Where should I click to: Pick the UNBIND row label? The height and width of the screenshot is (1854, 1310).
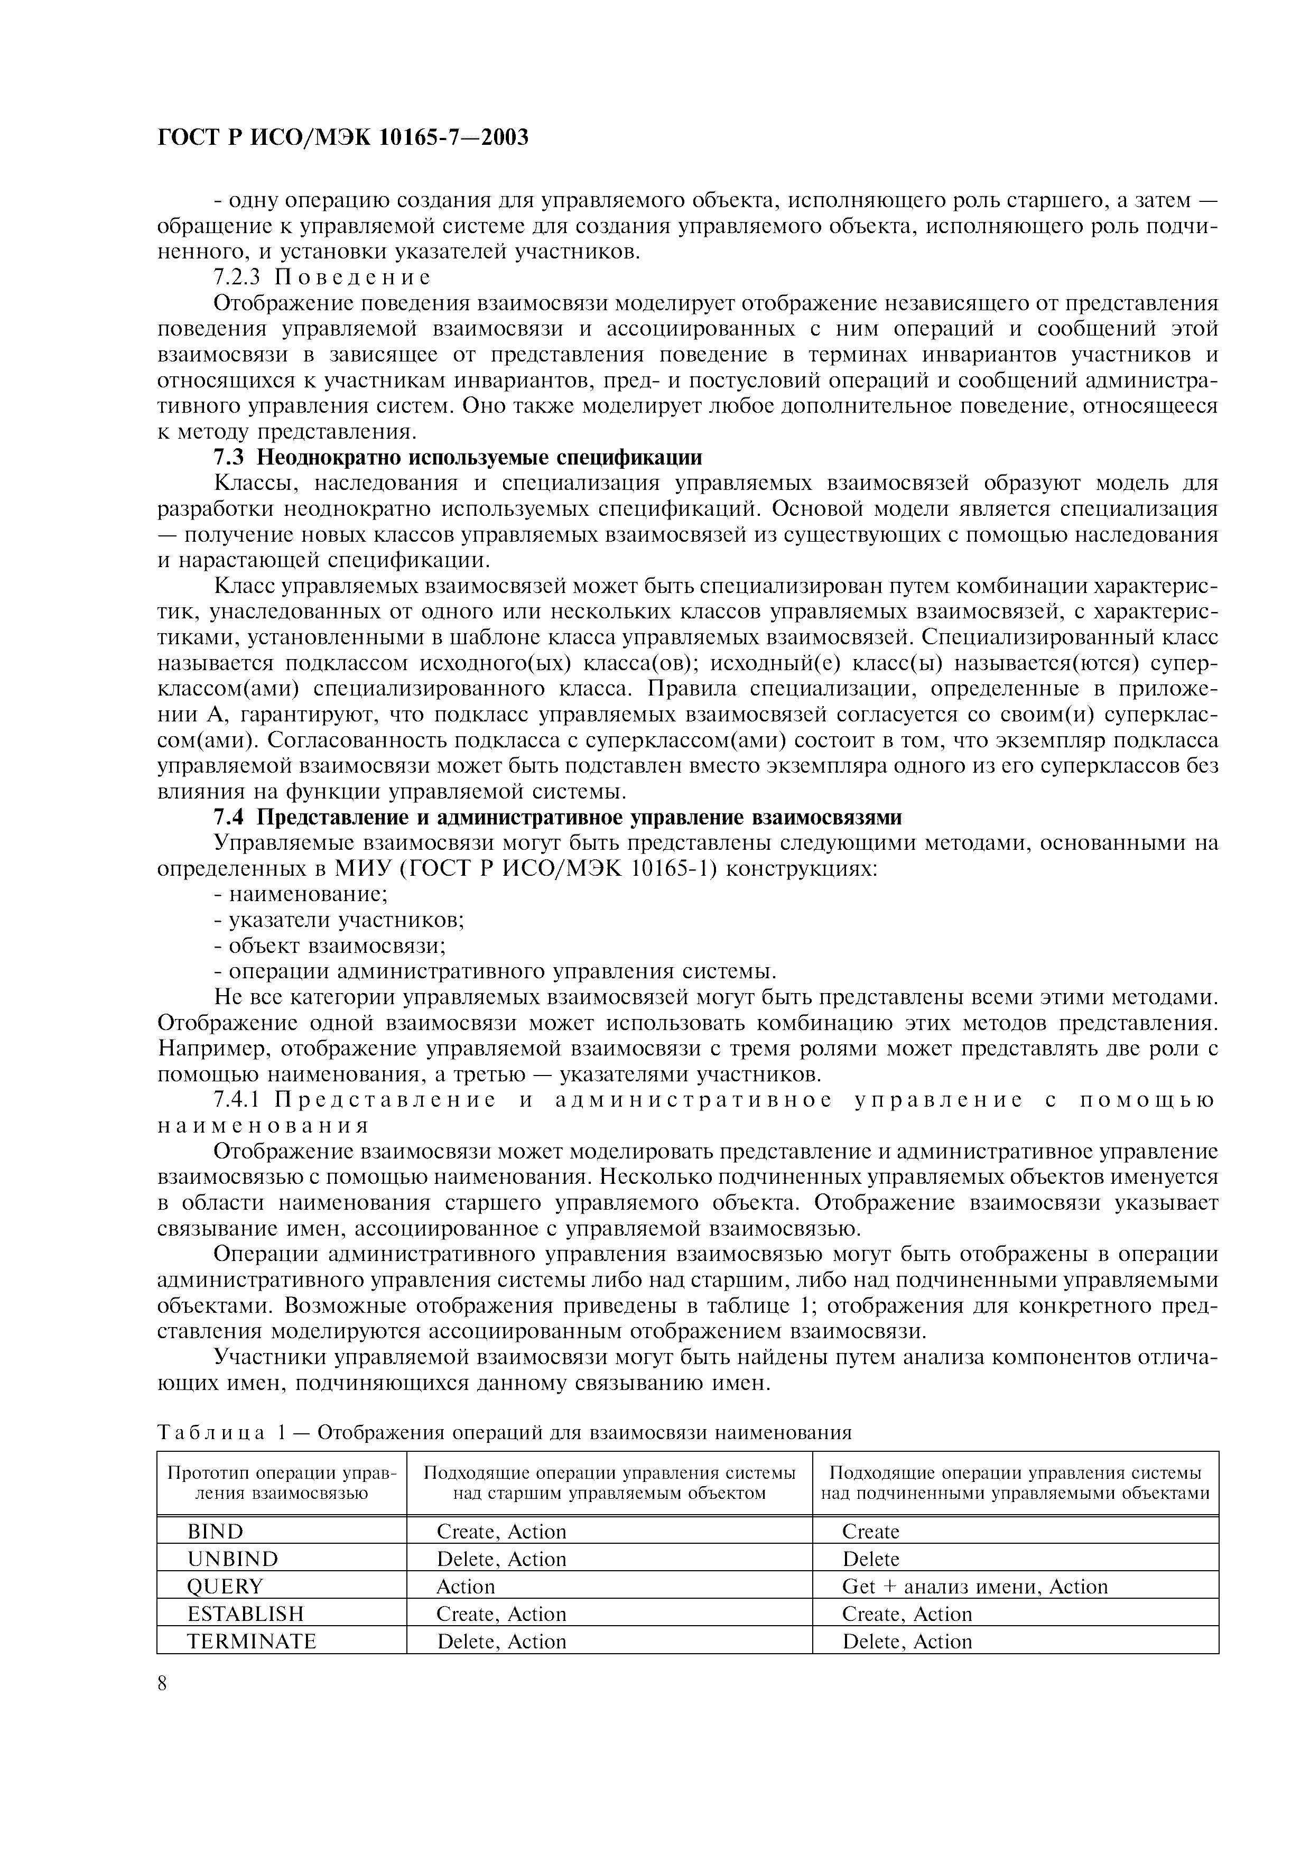pyautogui.click(x=231, y=1559)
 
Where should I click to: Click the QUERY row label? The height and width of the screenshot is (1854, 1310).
pyautogui.click(x=225, y=1587)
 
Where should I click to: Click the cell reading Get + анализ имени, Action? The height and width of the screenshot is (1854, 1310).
pyautogui.click(x=974, y=1587)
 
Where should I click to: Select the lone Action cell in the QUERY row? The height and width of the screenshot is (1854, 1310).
pyautogui.click(x=465, y=1587)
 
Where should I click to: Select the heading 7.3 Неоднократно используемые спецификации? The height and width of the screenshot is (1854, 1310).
pyautogui.click(x=458, y=458)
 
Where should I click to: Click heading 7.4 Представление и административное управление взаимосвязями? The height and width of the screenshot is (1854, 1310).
pyautogui.click(x=557, y=817)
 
